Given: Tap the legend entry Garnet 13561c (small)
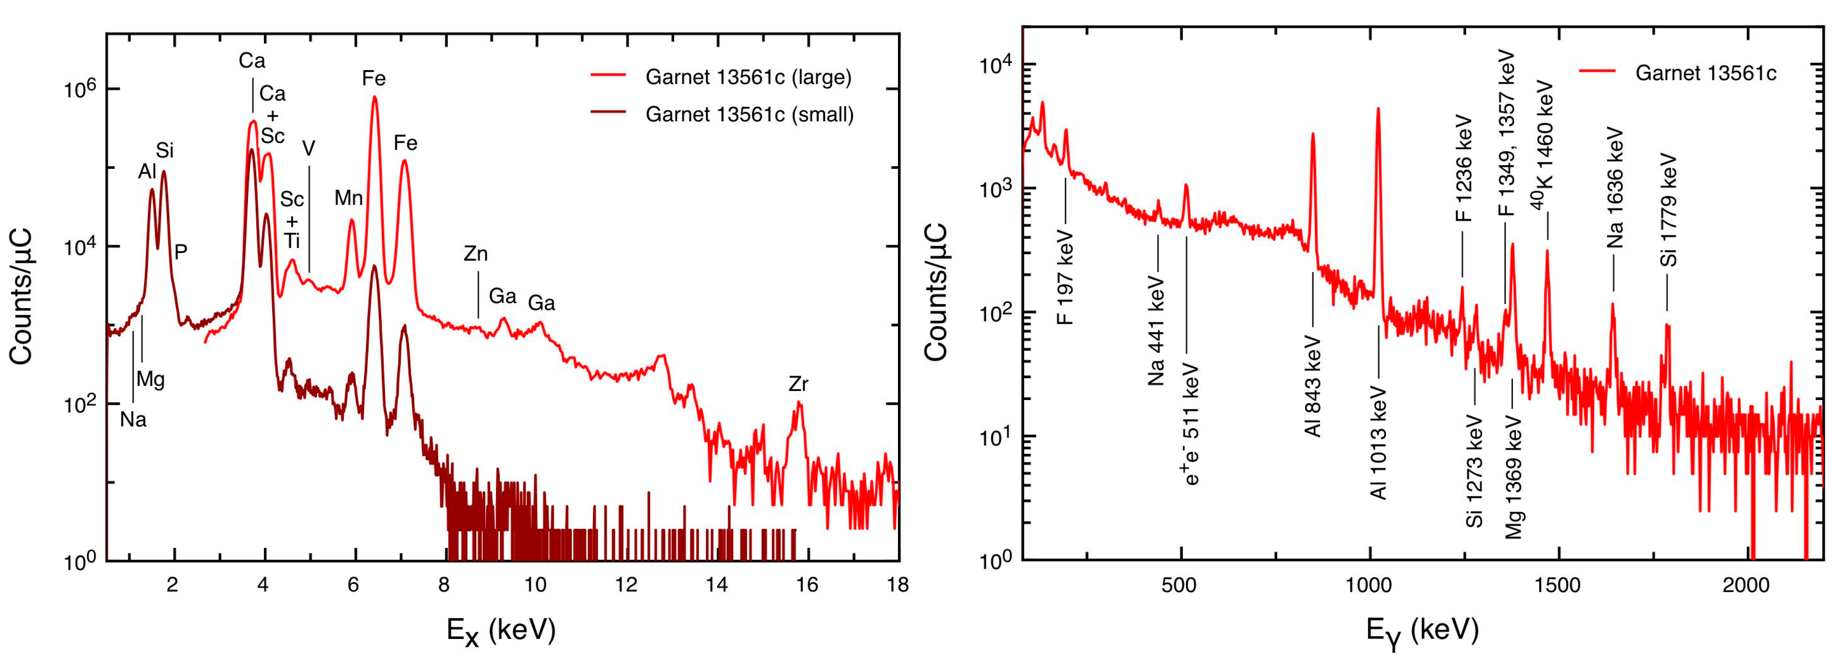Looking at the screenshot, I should pyautogui.click(x=749, y=115).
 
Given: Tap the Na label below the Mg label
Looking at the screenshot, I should pyautogui.click(x=133, y=419).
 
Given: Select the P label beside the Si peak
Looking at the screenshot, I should pyautogui.click(x=181, y=251).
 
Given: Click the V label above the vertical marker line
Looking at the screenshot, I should pyautogui.click(x=309, y=148).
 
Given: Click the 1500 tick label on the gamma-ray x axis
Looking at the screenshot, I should pyautogui.click(x=1557, y=585).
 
